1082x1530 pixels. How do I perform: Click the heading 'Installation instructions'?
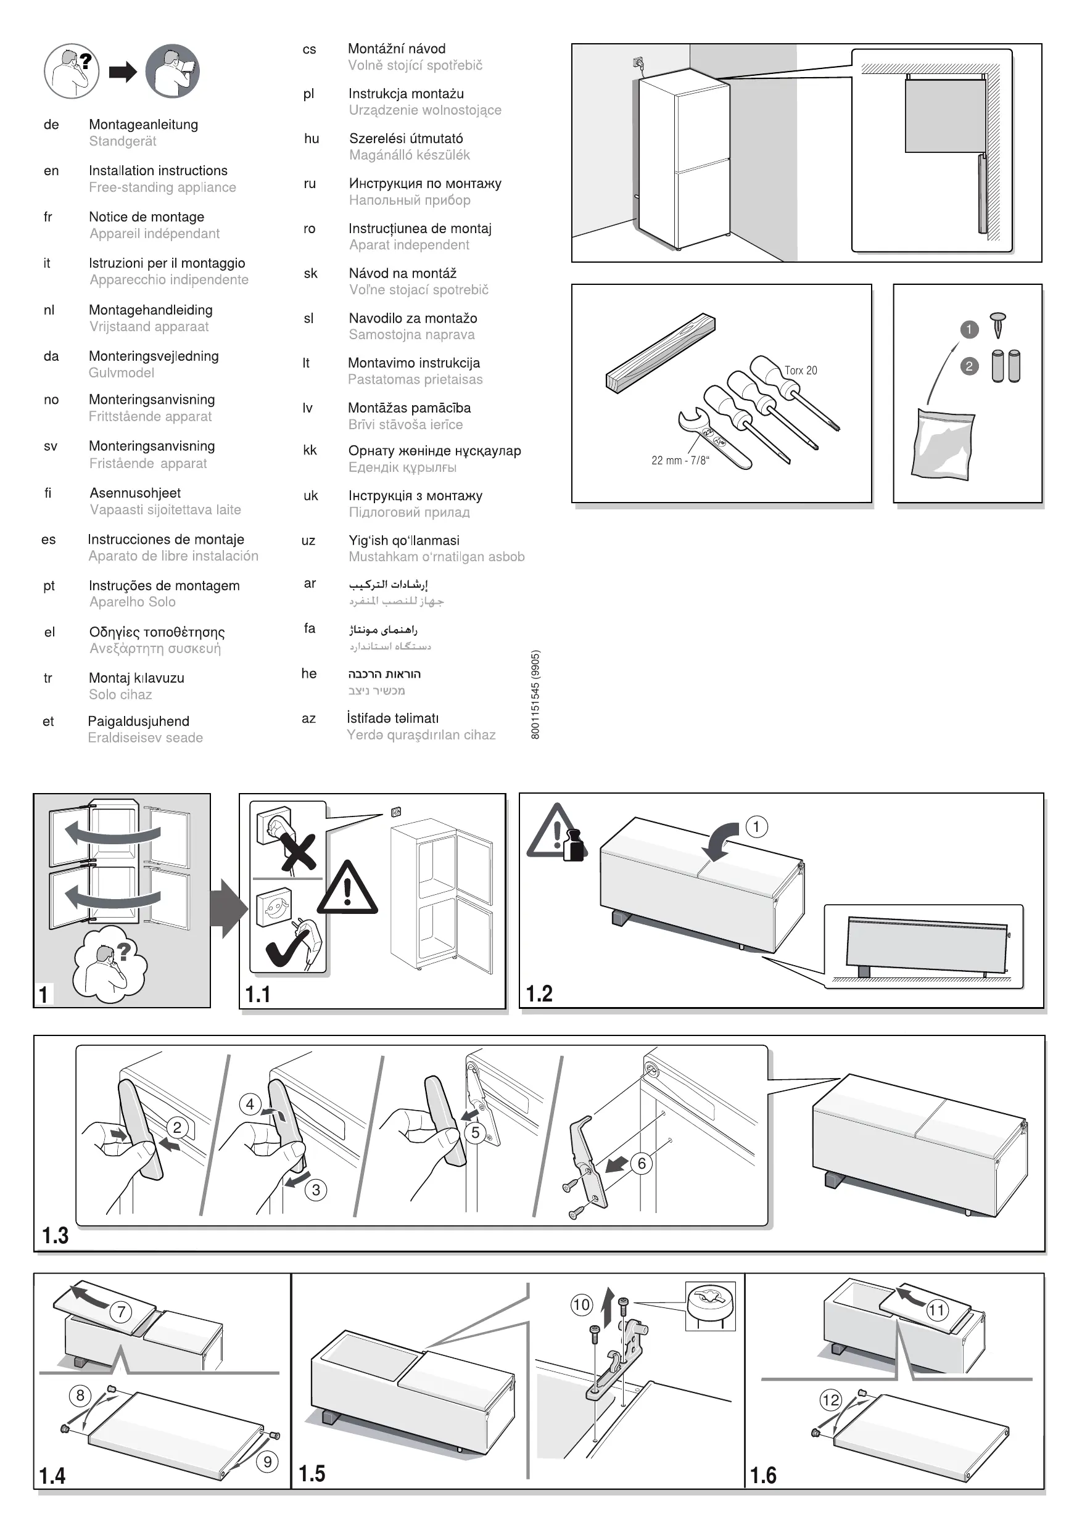(158, 171)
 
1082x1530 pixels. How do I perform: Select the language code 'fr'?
(48, 216)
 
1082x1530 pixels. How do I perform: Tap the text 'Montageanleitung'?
(143, 125)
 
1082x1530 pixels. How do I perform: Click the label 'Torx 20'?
(800, 371)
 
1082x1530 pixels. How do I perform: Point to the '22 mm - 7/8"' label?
(680, 461)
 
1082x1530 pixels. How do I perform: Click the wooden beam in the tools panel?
(660, 353)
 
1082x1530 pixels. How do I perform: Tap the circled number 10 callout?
(581, 1304)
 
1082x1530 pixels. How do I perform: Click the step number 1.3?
(56, 1235)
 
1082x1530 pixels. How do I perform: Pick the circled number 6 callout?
(642, 1164)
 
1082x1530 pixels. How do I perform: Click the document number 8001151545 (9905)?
(536, 694)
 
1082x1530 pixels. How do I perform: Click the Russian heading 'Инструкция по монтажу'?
(424, 184)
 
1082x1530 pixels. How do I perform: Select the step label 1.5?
(312, 1473)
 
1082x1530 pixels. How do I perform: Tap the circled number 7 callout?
(122, 1313)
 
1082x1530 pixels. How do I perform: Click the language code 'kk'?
(310, 450)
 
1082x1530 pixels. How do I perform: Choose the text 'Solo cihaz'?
(121, 694)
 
